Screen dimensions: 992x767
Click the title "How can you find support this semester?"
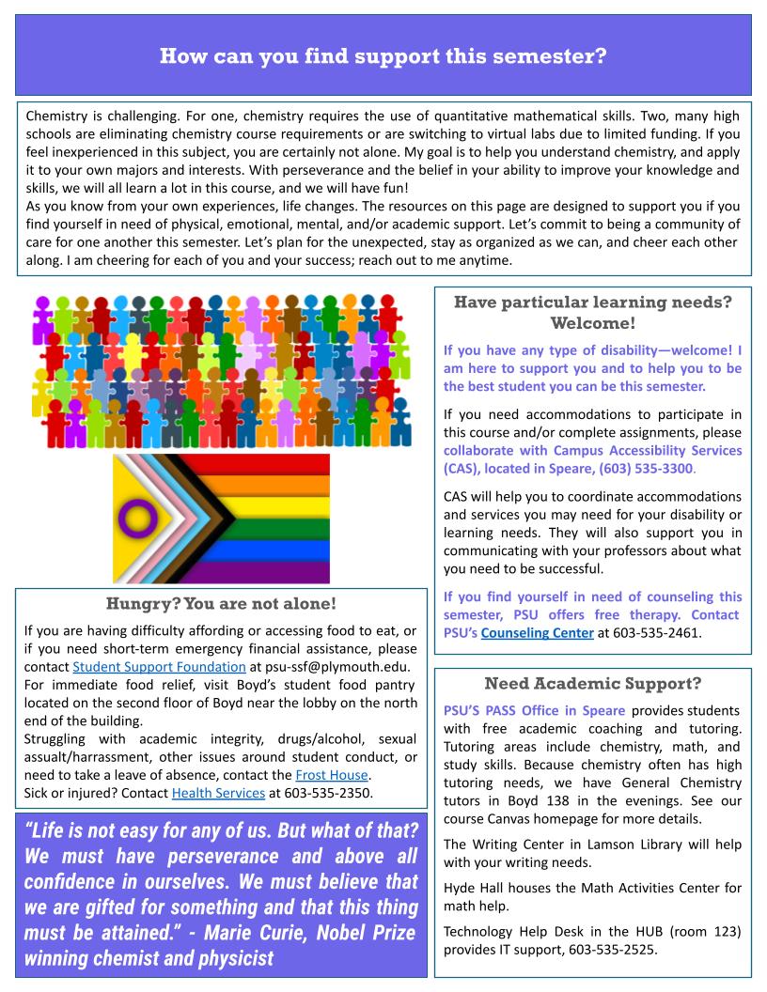[383, 55]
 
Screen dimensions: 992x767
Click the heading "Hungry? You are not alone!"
[221, 603]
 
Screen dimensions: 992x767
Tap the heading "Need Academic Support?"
[592, 683]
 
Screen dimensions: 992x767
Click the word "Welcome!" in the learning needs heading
[592, 324]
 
